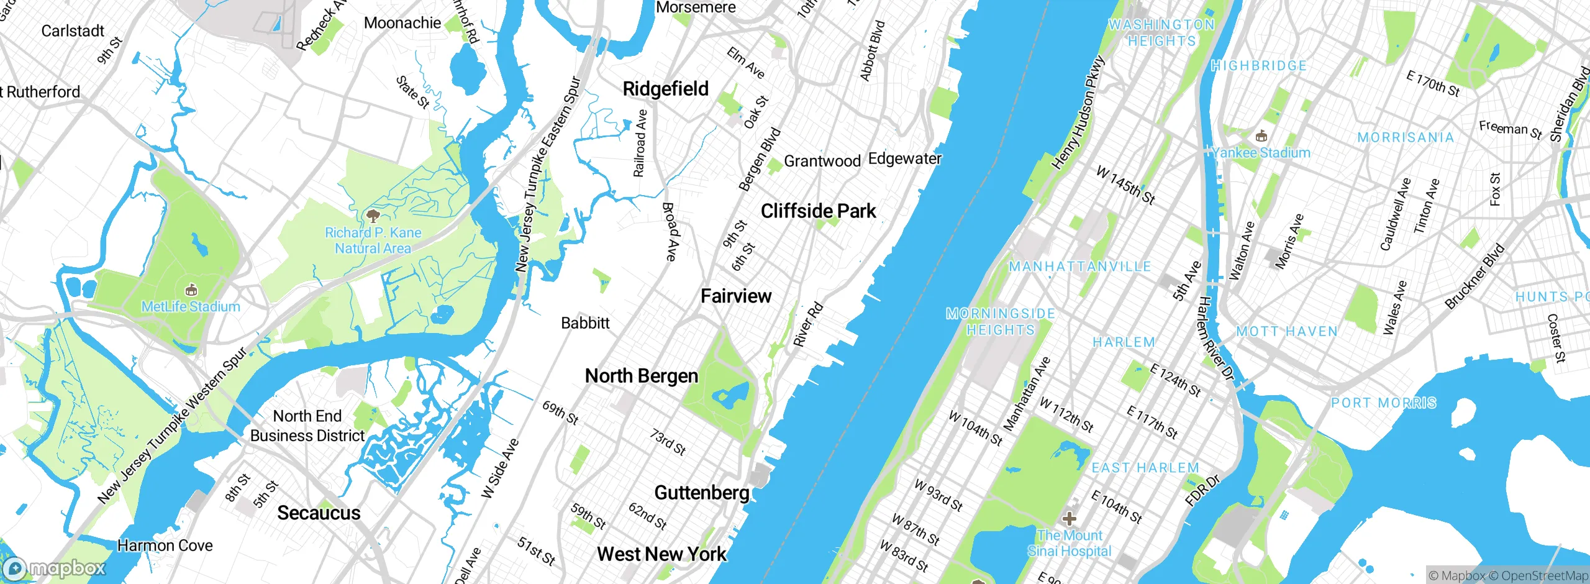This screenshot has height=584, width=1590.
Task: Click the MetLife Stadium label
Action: click(191, 306)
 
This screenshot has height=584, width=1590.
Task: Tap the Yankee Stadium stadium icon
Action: click(1261, 136)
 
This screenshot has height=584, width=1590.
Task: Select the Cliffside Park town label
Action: click(818, 211)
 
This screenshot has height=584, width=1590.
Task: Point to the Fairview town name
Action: click(736, 296)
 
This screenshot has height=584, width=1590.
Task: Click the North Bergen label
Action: click(642, 376)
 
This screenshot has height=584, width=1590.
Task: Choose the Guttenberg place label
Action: click(702, 493)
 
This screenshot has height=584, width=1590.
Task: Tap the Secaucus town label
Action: click(319, 513)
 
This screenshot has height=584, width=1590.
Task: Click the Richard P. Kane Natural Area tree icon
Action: click(373, 216)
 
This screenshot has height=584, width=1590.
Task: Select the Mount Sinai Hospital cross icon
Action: click(1069, 518)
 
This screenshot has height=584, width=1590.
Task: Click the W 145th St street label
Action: click(1125, 185)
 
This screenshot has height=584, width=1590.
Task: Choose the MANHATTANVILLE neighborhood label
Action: click(1079, 267)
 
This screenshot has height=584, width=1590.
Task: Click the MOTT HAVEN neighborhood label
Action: click(1286, 332)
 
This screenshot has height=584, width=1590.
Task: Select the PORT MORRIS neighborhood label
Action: click(1383, 403)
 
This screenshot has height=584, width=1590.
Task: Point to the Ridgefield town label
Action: click(665, 89)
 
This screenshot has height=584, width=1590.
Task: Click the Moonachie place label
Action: click(402, 23)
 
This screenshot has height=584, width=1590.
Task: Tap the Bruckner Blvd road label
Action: click(1474, 276)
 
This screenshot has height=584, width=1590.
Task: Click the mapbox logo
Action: click(55, 568)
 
